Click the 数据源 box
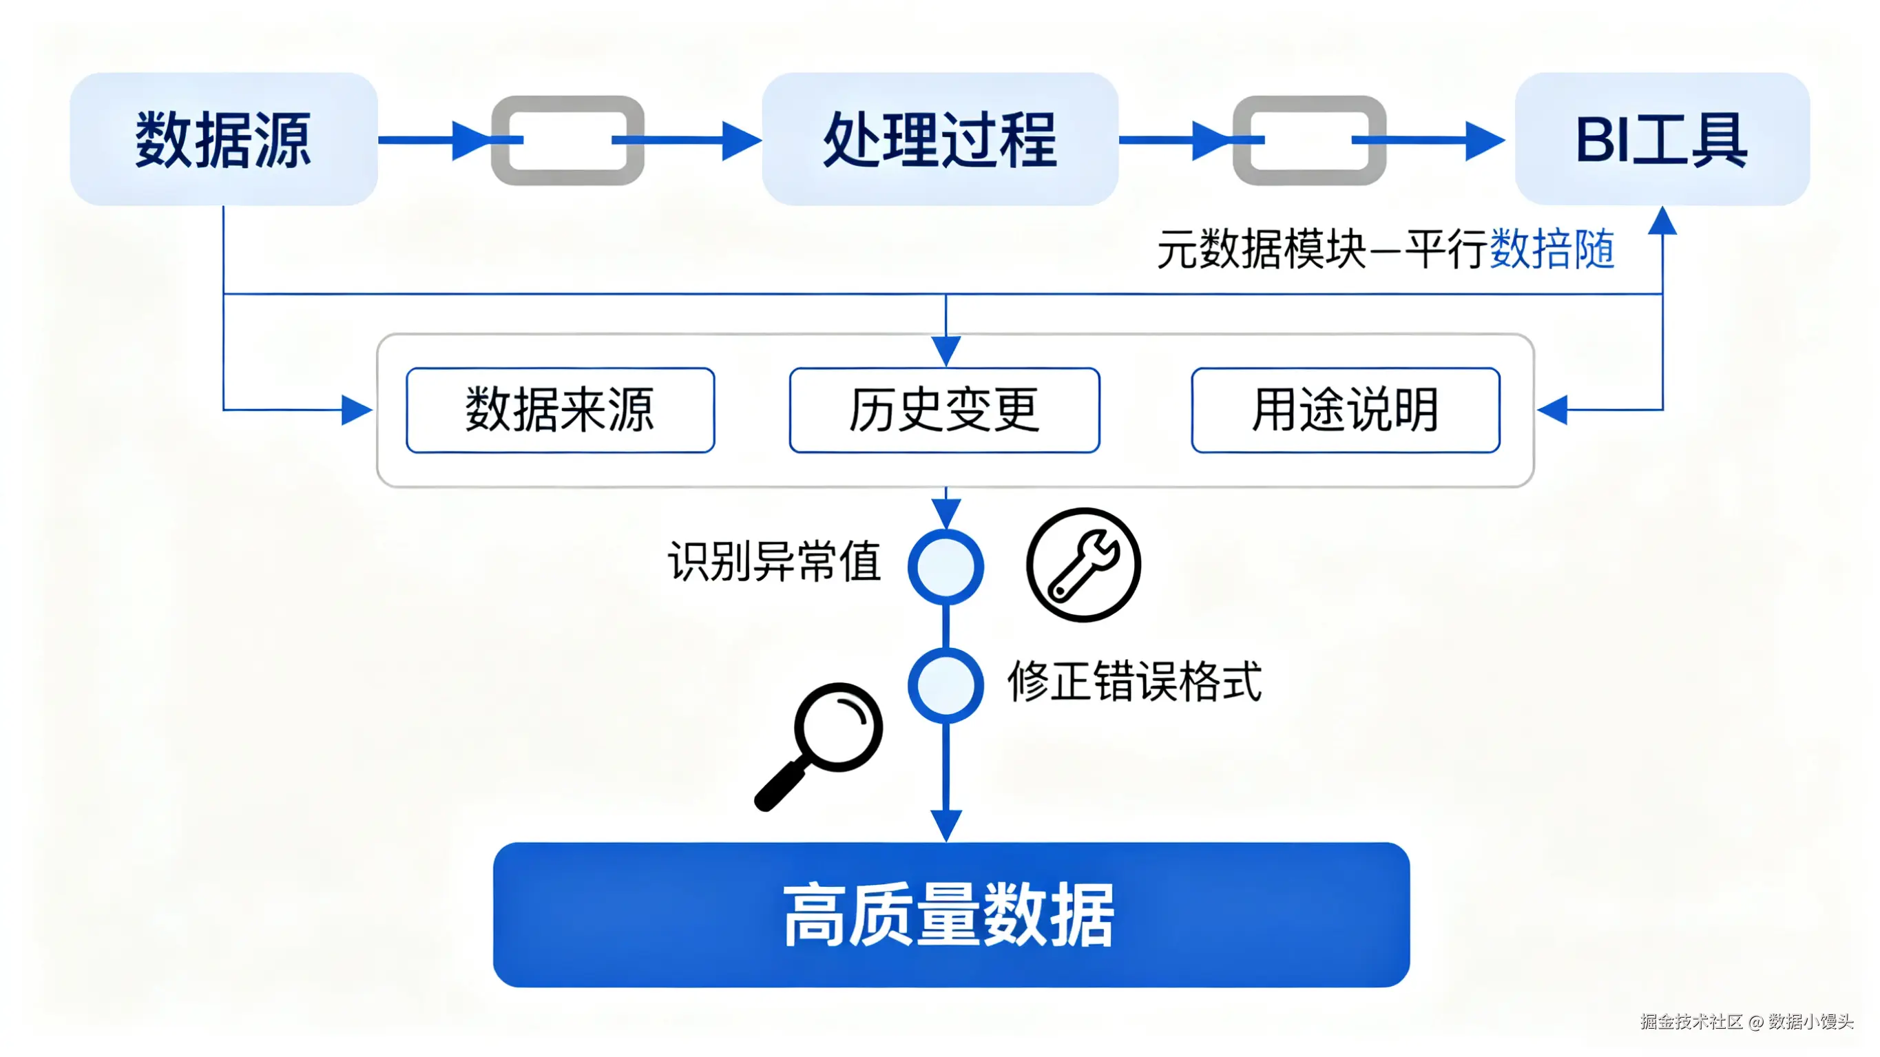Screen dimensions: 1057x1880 pos(223,138)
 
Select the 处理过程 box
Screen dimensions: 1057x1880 pos(939,138)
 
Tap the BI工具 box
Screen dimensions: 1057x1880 pos(1661,138)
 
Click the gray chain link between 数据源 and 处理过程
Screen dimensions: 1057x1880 pos(567,140)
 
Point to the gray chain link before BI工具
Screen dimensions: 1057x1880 pos(1308,140)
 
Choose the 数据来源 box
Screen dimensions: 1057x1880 pos(560,410)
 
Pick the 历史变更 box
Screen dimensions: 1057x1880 pos(943,410)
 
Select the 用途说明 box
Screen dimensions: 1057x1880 pos(1345,410)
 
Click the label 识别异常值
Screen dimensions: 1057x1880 pos(773,561)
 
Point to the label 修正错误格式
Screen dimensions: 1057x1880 pos(1134,682)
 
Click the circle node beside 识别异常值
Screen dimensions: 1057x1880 pos(945,567)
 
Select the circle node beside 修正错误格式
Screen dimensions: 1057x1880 pos(945,684)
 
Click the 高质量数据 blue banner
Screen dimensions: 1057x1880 pos(950,914)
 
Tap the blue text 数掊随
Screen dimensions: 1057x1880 pos(1551,249)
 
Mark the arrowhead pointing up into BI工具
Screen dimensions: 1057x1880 pos(1662,220)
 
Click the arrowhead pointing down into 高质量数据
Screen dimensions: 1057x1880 pos(946,825)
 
